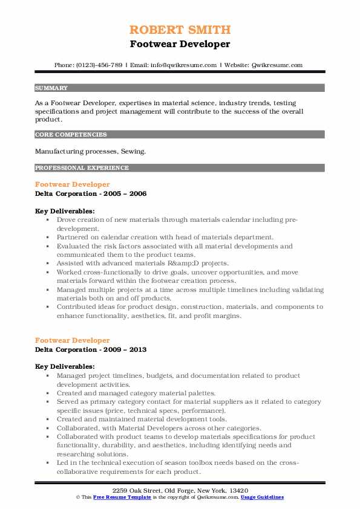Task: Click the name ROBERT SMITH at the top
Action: [x=180, y=30]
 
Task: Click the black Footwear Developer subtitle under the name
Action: [x=180, y=44]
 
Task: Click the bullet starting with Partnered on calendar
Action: [x=165, y=238]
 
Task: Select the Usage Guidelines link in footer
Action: [x=263, y=496]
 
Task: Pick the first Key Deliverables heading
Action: [x=65, y=211]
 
